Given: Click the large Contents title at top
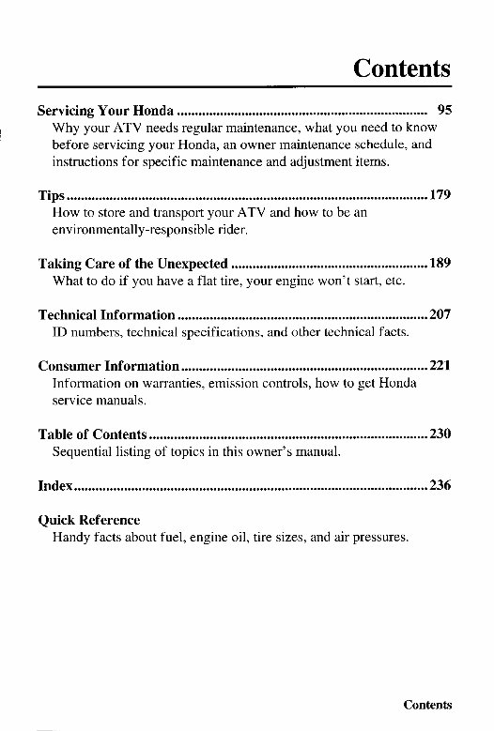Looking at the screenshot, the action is pos(402,69).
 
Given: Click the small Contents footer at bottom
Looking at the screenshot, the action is pos(427,705).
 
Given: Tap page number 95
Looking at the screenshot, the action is pos(443,110).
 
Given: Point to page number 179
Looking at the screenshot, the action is pos(440,195).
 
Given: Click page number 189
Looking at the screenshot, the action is pos(440,263).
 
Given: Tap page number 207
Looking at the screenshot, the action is pos(440,315).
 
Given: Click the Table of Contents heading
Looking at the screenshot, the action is pos(92,434).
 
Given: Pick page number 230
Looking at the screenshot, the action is pos(440,434).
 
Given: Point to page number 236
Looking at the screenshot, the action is pos(440,485).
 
